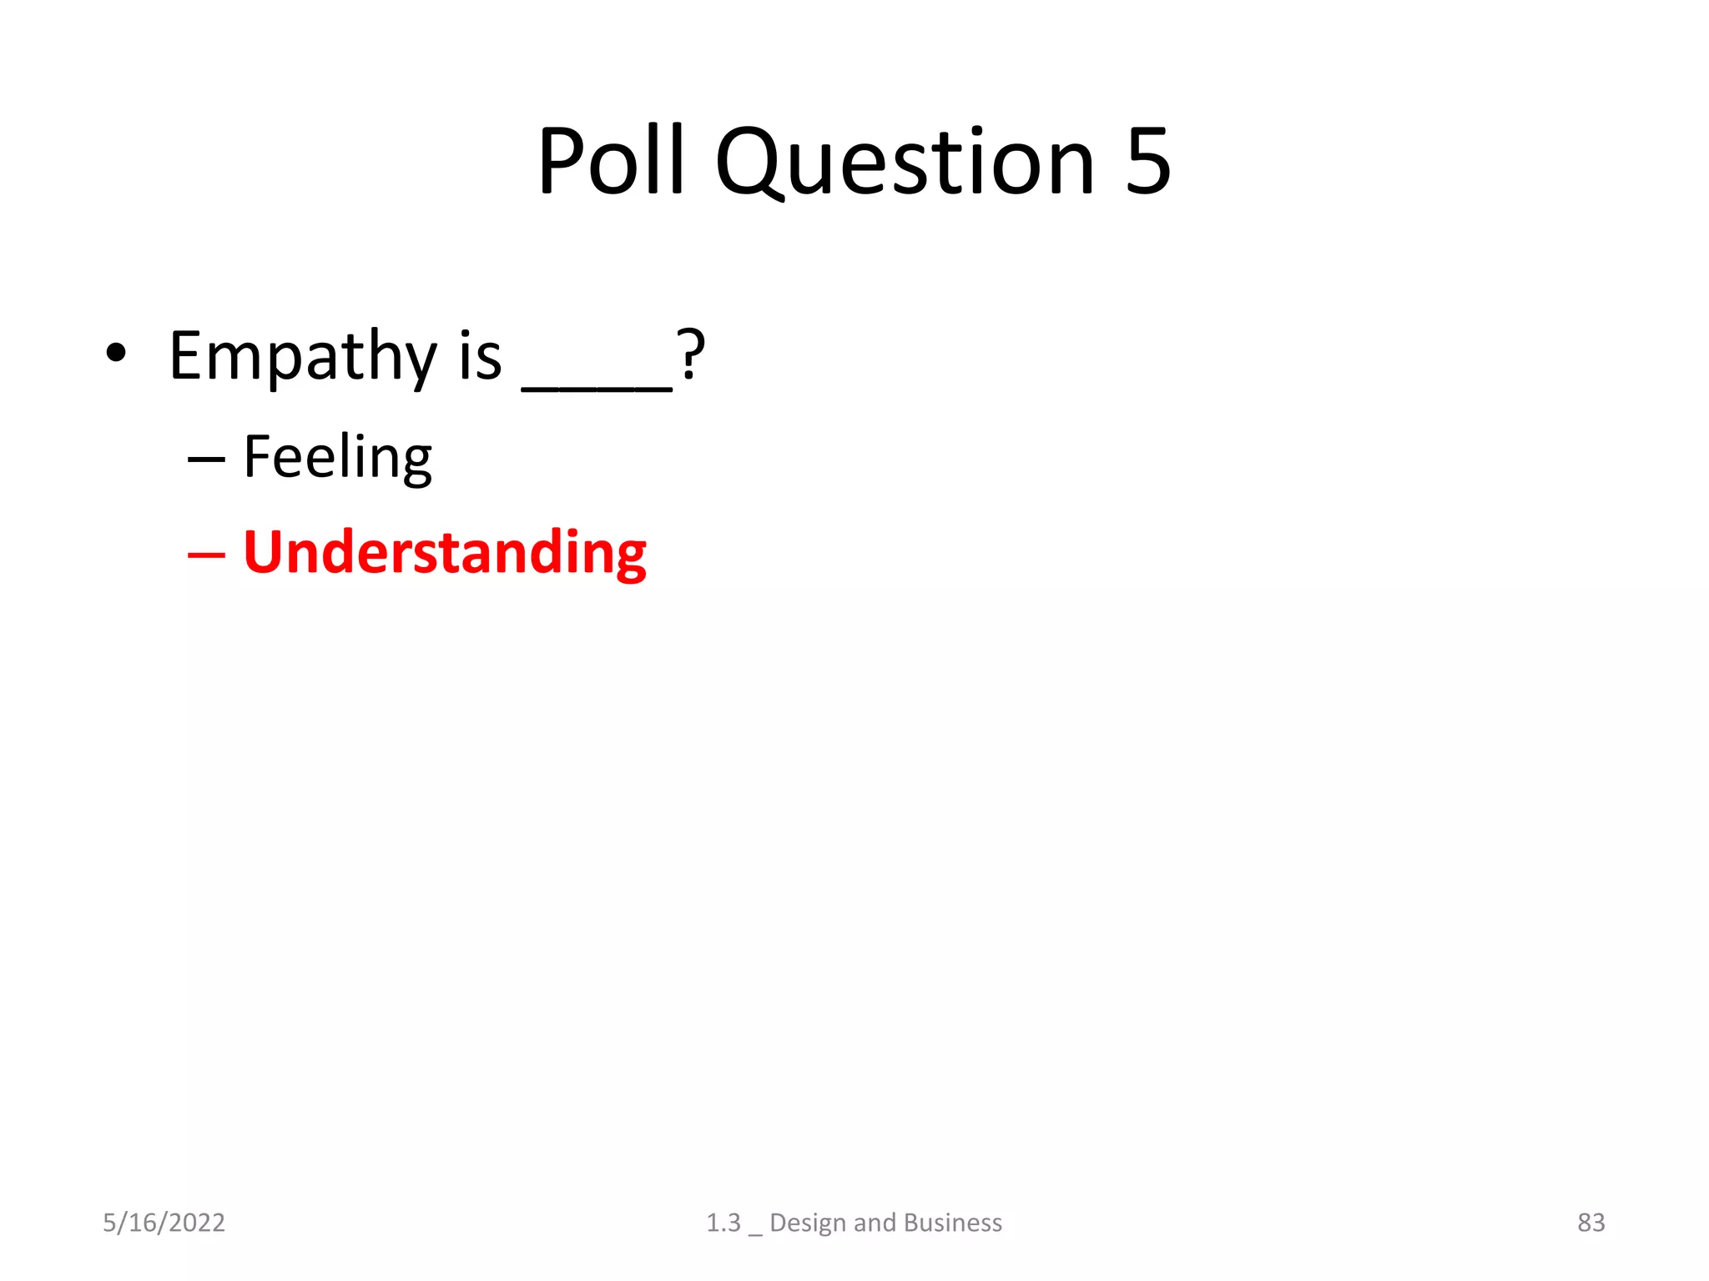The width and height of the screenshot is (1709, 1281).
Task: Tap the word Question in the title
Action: click(x=905, y=163)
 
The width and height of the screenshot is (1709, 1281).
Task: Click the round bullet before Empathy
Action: click(x=116, y=353)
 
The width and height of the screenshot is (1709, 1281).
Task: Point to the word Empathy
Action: click(x=302, y=357)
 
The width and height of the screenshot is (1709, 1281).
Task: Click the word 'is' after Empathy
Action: click(x=481, y=356)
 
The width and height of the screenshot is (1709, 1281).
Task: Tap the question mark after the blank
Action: click(x=691, y=354)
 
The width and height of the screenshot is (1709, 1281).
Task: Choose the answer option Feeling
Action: click(x=337, y=458)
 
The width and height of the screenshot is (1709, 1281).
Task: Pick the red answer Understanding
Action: click(x=444, y=553)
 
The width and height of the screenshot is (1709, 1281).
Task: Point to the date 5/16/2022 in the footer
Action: click(x=164, y=1222)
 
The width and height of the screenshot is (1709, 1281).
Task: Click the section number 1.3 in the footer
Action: click(x=723, y=1222)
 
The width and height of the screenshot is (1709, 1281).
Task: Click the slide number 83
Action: click(x=1591, y=1222)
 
